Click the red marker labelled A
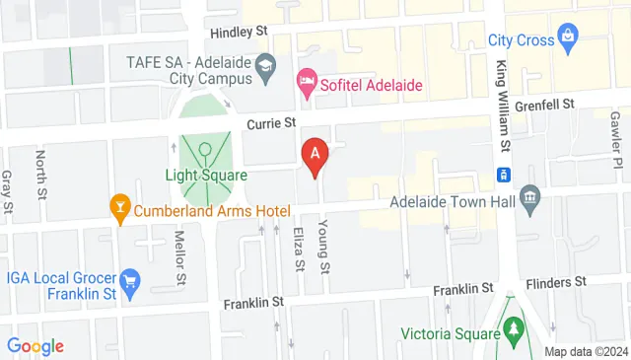[315, 155]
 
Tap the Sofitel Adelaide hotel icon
[307, 85]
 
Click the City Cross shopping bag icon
[569, 38]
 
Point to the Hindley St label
[238, 32]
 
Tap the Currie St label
[270, 123]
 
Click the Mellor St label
[180, 256]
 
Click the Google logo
[35, 346]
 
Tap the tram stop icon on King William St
[502, 175]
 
